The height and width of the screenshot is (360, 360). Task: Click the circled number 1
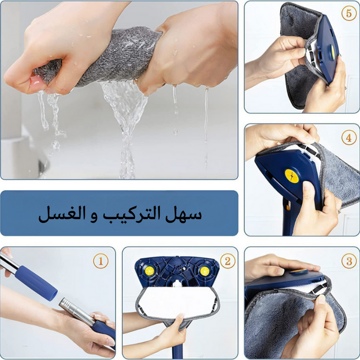coord(101,261)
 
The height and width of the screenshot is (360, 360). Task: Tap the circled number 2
coord(228,261)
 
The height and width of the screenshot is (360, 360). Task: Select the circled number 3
coord(349,261)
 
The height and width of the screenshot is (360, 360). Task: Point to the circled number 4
coord(349,138)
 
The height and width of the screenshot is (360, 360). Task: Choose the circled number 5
coord(349,14)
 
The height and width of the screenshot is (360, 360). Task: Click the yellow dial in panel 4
coord(292,176)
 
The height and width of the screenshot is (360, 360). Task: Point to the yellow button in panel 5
coord(332,52)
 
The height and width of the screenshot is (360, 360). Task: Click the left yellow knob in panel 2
coord(149,271)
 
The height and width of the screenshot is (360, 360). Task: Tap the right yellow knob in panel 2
coord(204,271)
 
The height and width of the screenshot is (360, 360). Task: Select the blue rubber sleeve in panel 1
coord(37,283)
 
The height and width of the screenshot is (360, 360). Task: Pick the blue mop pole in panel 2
coord(178,349)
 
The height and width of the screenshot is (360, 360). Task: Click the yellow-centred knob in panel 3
coord(299,272)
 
